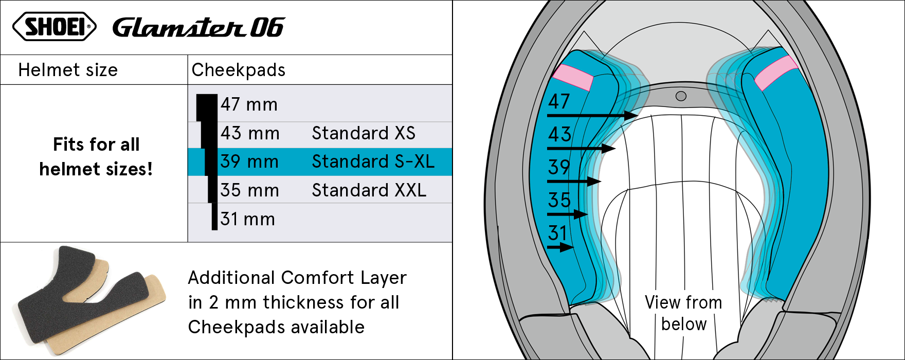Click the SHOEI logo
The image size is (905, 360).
point(54,27)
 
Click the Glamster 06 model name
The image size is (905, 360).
point(198,27)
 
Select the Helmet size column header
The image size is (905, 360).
point(68,70)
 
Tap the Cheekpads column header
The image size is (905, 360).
point(238,70)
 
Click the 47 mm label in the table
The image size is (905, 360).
point(249,104)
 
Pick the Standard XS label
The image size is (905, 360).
point(364,133)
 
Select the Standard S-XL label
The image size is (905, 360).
point(373,161)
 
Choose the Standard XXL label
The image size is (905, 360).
point(369,190)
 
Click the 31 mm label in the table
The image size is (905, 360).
point(248,219)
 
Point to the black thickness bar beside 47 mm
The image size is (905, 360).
point(207,107)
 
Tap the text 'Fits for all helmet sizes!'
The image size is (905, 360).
point(96,157)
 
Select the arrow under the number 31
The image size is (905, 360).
point(560,247)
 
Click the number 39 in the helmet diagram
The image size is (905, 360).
point(559,168)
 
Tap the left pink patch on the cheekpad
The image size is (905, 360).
point(573,78)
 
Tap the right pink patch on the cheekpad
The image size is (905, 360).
point(776,73)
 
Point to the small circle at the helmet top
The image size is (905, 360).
point(681,96)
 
